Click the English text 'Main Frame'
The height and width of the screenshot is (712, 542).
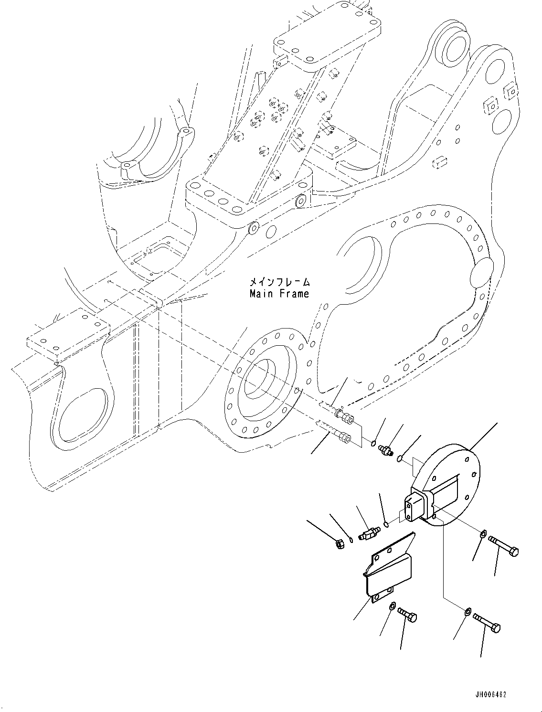coord(279,294)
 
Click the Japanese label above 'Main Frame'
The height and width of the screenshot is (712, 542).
coord(279,282)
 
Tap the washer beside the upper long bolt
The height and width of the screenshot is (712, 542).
coord(483,533)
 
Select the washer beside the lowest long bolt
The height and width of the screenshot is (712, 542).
coord(468,610)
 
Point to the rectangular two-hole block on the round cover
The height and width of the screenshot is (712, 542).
coord(414,509)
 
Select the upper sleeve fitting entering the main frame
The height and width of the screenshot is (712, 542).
coord(345,417)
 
